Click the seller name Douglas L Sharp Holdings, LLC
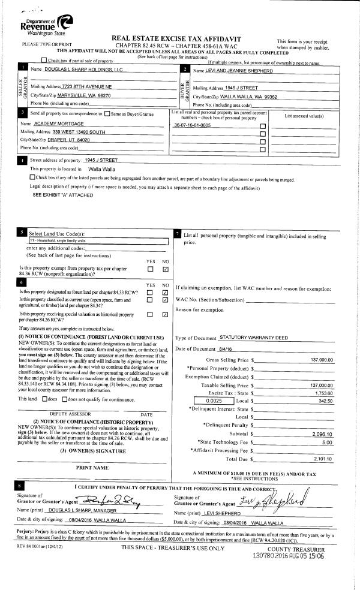(85, 70)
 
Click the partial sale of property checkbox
(44, 61)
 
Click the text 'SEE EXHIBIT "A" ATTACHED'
(62, 195)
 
